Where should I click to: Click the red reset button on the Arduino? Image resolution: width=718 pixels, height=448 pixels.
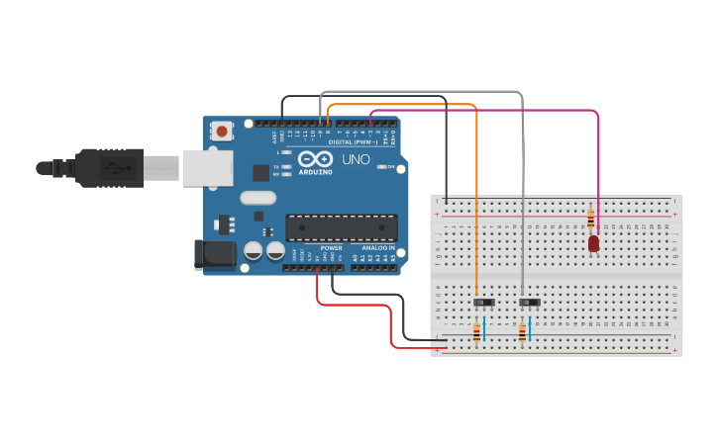coord(222,131)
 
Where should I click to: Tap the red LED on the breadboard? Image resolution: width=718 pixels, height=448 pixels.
coord(593,243)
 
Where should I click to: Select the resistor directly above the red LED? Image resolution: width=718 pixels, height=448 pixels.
coord(591,220)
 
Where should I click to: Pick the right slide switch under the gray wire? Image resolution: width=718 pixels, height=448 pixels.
coord(530,302)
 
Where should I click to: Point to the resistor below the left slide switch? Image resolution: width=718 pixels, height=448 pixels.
coord(477,333)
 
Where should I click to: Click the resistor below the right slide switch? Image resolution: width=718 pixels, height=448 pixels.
coord(523,333)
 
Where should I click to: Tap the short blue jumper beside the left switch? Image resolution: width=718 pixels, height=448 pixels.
coord(484,326)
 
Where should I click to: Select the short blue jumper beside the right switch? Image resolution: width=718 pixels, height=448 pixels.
coord(530,326)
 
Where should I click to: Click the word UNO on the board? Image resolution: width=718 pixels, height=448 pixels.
coord(356,159)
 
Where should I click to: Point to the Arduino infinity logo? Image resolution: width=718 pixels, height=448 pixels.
coord(315,159)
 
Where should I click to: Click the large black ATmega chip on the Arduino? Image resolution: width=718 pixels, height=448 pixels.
coord(342,227)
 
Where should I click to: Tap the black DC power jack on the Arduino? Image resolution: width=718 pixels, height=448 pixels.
coord(215,255)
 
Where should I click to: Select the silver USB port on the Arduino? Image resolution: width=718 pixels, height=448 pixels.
coord(207,168)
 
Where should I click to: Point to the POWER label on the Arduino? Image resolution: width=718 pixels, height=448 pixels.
coord(331,248)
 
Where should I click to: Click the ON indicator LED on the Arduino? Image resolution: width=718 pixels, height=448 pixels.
coord(382,166)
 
